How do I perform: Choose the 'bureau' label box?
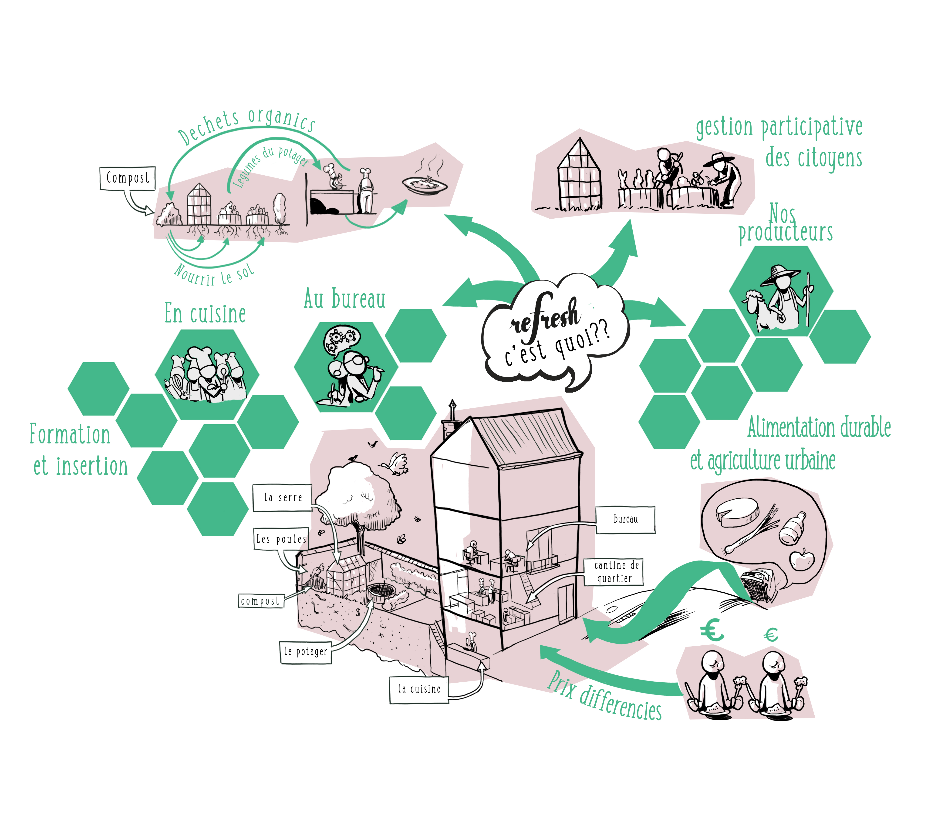(x=625, y=519)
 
